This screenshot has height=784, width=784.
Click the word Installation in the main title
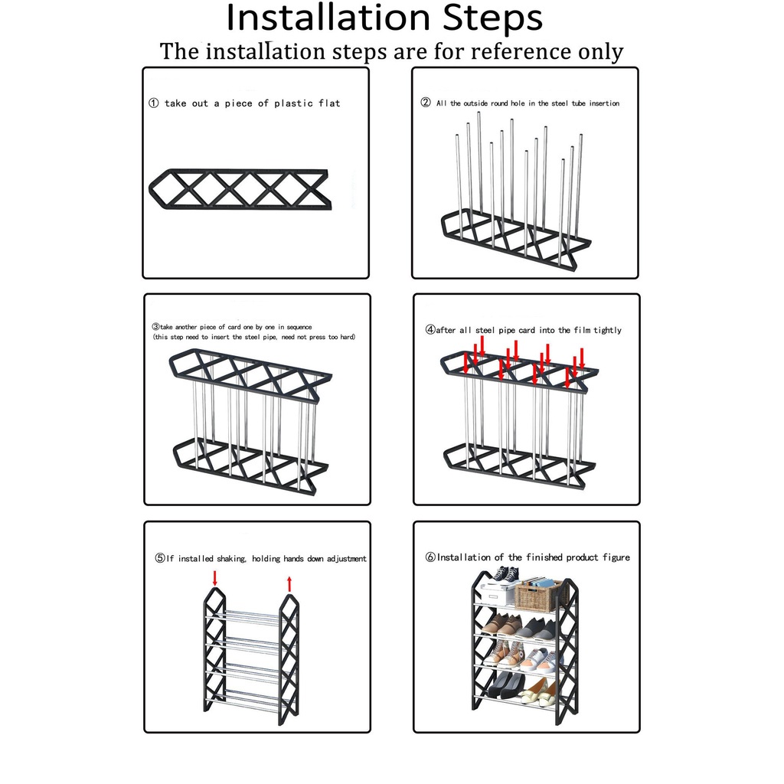[328, 18]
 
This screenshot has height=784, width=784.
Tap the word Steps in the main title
[492, 19]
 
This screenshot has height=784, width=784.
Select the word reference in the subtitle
[521, 51]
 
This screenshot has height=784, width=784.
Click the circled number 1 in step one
[153, 103]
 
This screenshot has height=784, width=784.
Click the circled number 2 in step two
[426, 103]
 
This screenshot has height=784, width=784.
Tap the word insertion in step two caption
[604, 103]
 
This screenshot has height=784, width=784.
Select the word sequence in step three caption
[299, 327]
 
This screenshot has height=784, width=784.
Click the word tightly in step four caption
[607, 331]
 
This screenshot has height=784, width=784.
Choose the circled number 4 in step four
[430, 330]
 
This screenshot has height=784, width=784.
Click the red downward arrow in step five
[215, 579]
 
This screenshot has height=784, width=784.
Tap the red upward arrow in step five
[289, 584]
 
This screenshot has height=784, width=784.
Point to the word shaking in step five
[231, 558]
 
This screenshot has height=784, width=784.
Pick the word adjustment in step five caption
[347, 558]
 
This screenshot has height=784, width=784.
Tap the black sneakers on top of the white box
[505, 575]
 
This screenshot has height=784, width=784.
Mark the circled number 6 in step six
[430, 557]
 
